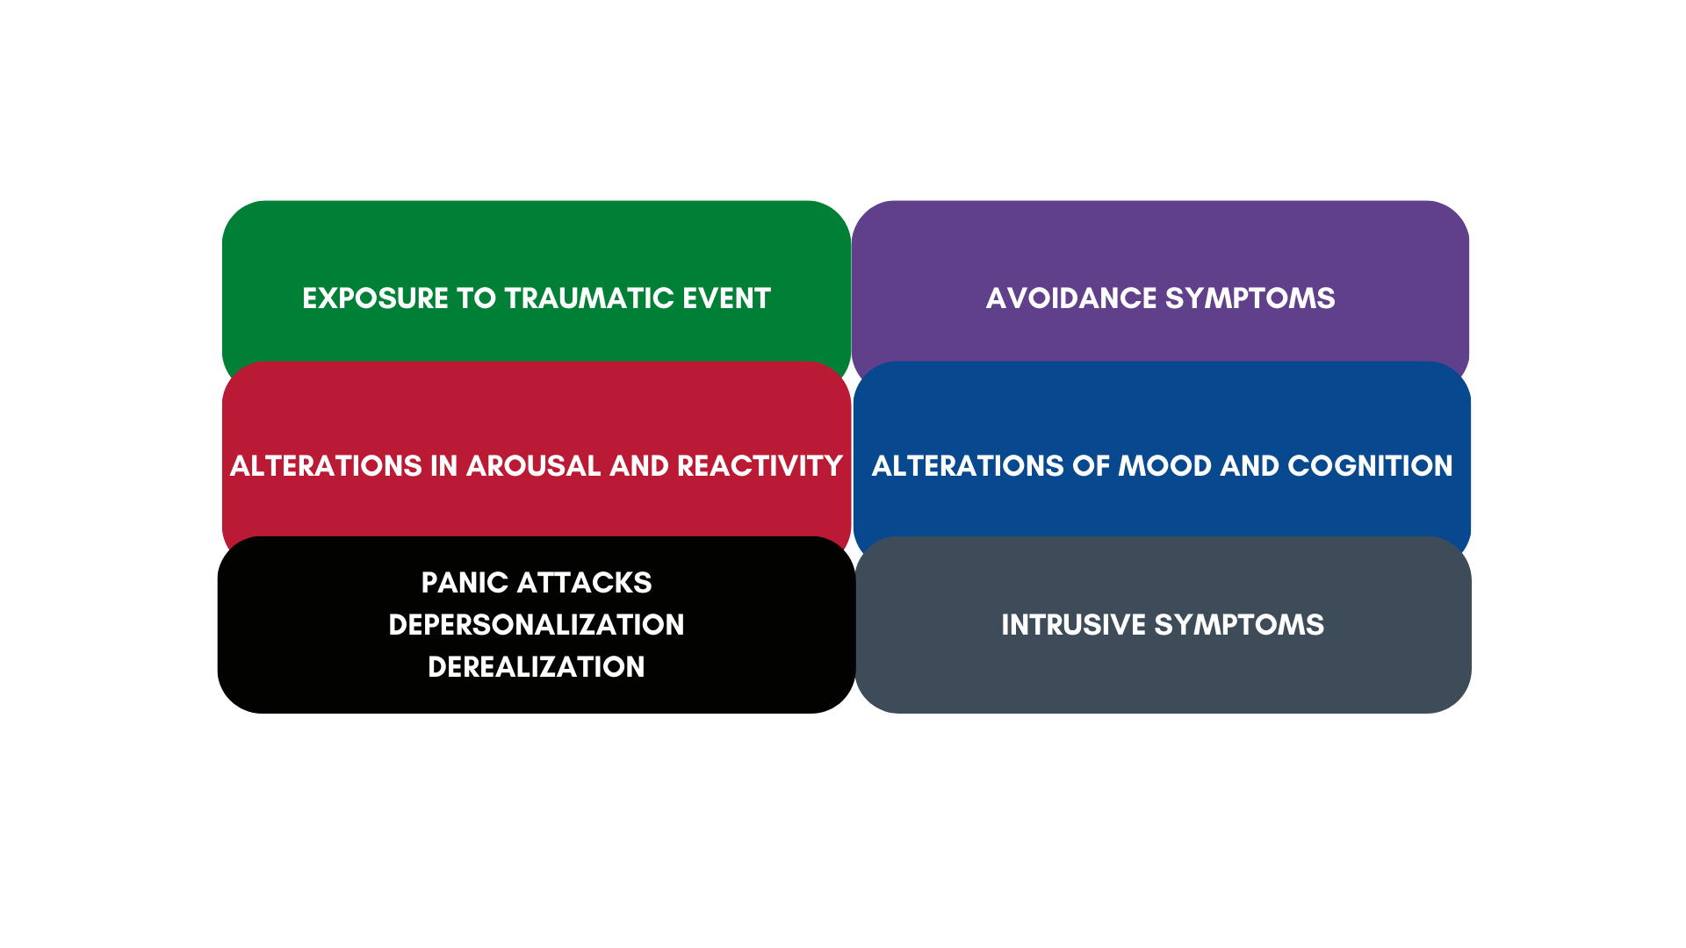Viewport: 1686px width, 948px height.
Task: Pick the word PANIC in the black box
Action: point(465,583)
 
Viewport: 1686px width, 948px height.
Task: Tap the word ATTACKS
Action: point(585,583)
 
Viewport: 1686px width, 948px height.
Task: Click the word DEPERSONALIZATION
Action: point(537,625)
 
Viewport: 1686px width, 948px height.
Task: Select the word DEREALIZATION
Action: point(537,667)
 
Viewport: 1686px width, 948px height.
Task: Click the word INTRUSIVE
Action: point(1073,625)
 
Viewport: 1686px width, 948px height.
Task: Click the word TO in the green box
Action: point(477,298)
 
